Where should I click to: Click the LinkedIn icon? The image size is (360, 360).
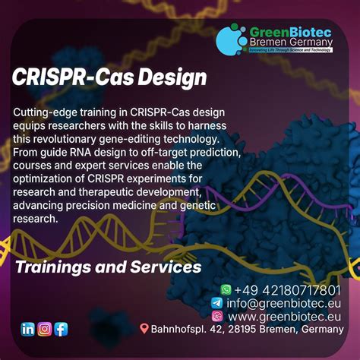click(28, 329)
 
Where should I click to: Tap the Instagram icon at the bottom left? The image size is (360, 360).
click(45, 329)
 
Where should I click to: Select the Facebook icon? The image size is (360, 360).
click(61, 329)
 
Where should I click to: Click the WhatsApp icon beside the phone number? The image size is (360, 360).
click(226, 289)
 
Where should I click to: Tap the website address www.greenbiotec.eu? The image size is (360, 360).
click(284, 315)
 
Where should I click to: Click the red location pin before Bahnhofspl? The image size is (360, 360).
click(144, 329)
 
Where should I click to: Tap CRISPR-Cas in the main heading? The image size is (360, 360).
click(76, 78)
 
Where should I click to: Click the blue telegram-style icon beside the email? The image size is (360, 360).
click(216, 302)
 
